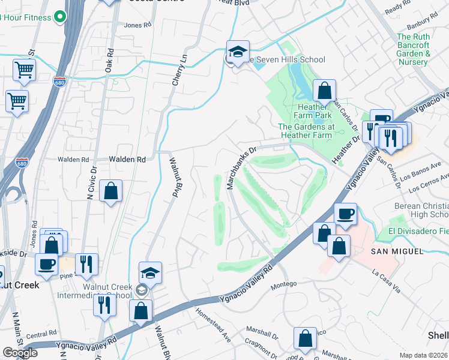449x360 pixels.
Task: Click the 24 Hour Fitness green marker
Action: click(x=59, y=17)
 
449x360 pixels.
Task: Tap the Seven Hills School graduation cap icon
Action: click(x=238, y=52)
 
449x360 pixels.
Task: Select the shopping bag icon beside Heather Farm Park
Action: click(x=324, y=92)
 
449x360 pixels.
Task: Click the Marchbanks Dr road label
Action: click(x=241, y=167)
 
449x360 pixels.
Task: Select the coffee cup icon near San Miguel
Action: click(x=345, y=215)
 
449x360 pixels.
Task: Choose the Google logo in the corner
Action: click(x=20, y=353)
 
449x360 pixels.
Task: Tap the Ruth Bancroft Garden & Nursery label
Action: click(x=421, y=50)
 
